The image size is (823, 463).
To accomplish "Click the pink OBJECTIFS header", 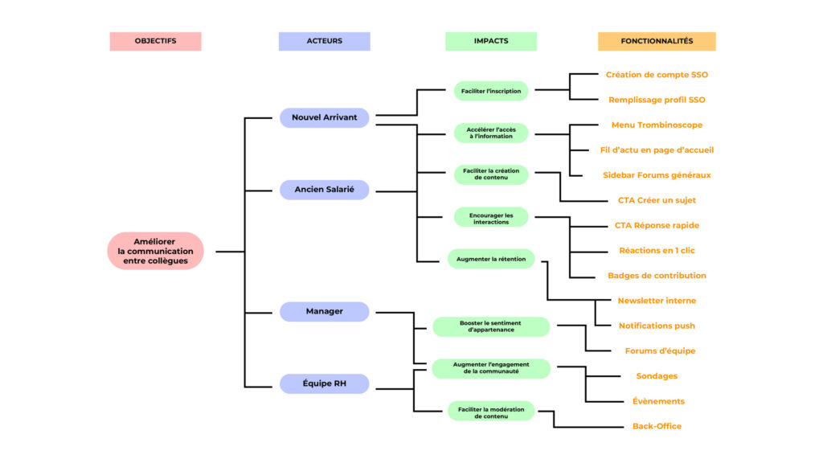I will (155, 41).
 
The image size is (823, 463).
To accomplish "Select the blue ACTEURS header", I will (324, 41).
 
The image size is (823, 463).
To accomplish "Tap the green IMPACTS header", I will (490, 41).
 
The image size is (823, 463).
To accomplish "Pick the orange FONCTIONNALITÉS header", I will (656, 41).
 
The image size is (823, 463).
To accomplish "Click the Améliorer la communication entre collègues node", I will (155, 251).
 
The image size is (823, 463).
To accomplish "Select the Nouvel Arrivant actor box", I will (324, 117).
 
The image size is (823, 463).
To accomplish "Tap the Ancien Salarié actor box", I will (324, 190).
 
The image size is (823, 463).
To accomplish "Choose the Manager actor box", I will (324, 311).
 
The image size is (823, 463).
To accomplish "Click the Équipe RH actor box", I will (324, 384).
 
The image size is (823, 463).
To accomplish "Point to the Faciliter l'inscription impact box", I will (490, 91).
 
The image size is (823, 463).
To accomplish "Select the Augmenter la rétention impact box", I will (490, 259).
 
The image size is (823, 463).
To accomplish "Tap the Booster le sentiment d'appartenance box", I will (490, 326).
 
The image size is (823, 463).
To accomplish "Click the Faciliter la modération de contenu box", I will (490, 412).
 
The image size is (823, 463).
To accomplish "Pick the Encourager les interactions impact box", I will (490, 218).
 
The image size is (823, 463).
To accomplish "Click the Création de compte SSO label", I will (657, 75).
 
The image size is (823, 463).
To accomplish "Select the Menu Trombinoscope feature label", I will (657, 125).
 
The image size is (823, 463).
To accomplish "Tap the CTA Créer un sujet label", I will (657, 200).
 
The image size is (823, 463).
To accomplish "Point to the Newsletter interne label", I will (657, 301).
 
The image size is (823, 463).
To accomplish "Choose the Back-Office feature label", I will (657, 426).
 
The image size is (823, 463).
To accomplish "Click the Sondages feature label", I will (657, 376).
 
